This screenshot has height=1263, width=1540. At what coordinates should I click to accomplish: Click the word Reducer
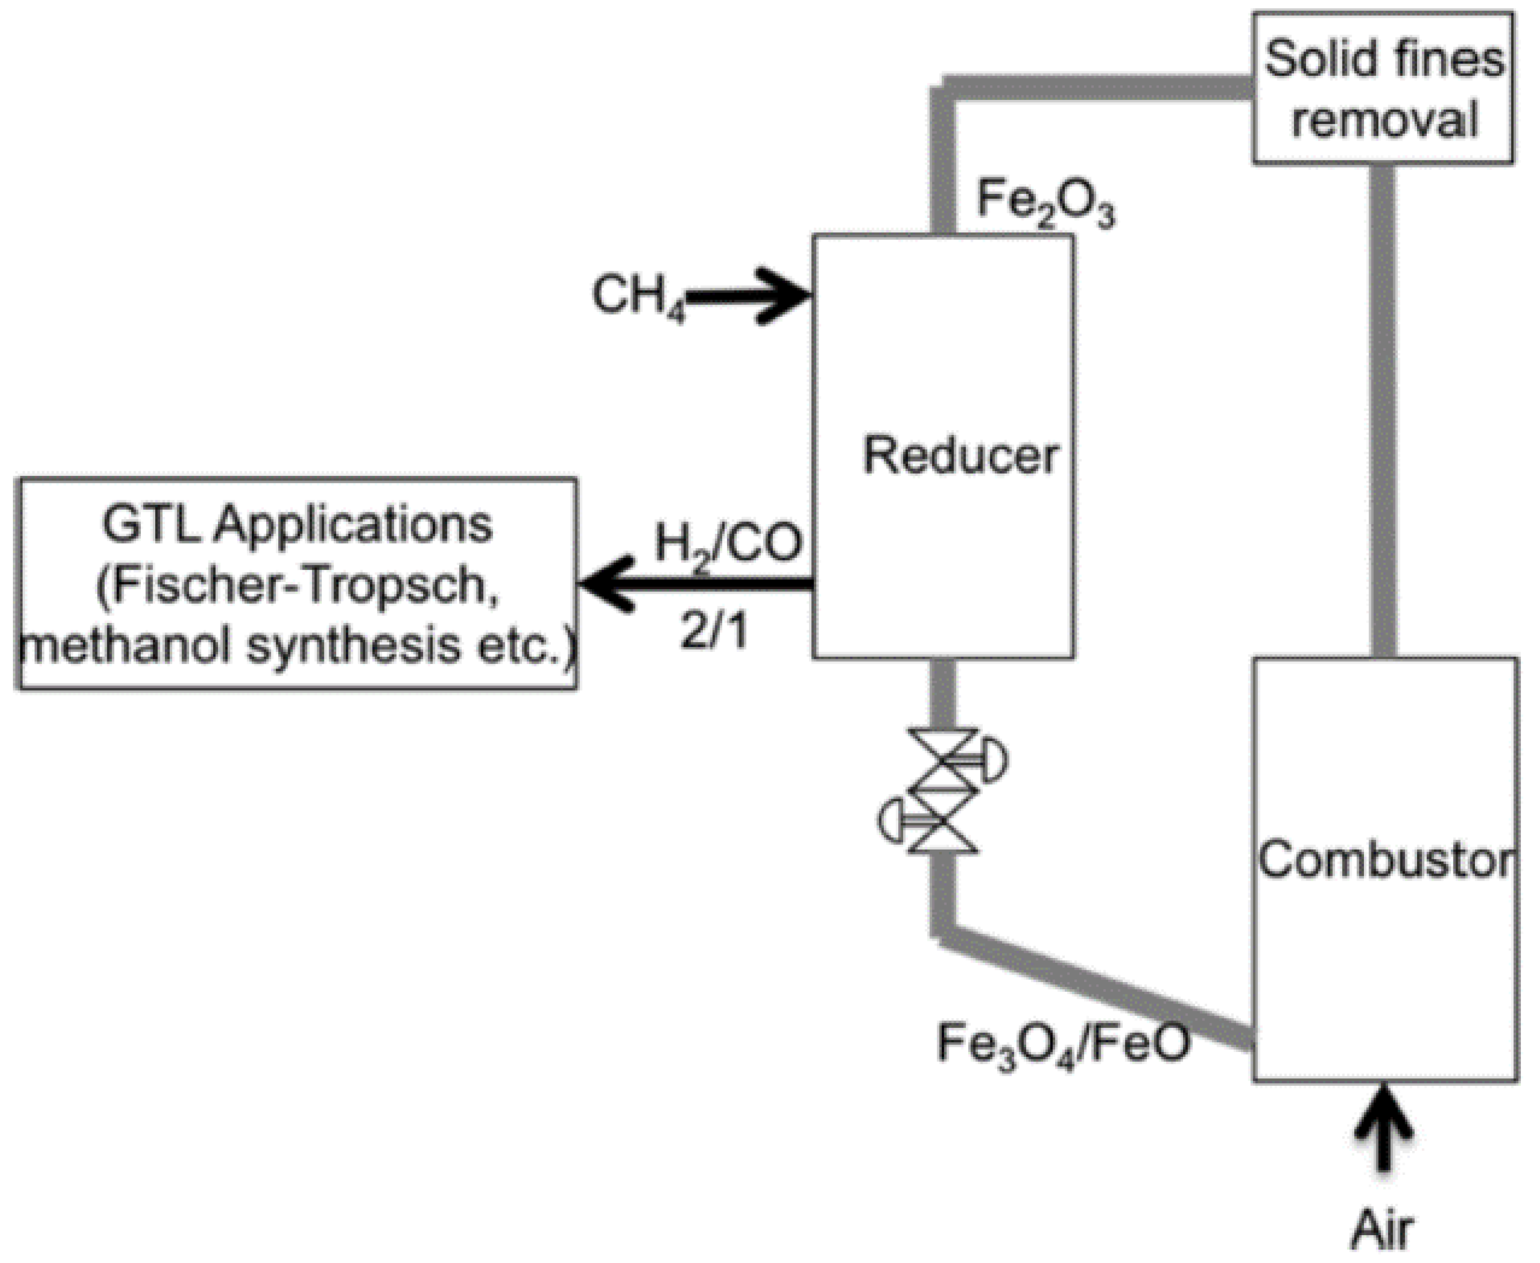pyautogui.click(x=960, y=456)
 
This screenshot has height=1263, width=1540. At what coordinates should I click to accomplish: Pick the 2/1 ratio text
pyautogui.click(x=714, y=631)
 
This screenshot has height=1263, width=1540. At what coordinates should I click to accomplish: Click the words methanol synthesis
pyautogui.click(x=240, y=646)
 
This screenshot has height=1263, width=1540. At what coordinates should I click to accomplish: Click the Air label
pyautogui.click(x=1382, y=1230)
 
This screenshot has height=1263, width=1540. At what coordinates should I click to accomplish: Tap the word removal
pyautogui.click(x=1384, y=119)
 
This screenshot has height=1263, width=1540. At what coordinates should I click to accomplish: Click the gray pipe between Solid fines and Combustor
pyautogui.click(x=1382, y=408)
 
